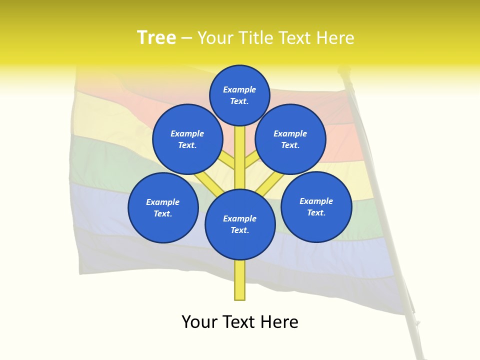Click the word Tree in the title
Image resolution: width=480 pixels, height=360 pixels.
click(x=156, y=38)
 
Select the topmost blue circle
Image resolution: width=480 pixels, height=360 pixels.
click(x=240, y=95)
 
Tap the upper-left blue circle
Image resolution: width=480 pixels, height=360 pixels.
click(x=187, y=139)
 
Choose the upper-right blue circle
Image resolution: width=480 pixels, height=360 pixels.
click(x=290, y=139)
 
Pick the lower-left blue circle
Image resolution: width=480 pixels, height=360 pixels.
click(x=163, y=207)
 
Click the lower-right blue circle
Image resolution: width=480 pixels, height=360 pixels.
click(x=316, y=206)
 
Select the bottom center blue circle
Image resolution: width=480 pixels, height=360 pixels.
click(x=240, y=224)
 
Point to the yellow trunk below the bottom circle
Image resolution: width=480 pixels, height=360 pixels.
click(x=240, y=280)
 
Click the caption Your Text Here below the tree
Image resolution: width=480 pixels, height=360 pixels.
click(x=240, y=322)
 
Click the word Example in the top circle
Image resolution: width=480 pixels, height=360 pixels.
click(x=239, y=89)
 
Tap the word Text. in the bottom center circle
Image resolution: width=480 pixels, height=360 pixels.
click(x=239, y=230)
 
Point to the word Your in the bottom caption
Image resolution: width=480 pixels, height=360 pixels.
click(x=199, y=322)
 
